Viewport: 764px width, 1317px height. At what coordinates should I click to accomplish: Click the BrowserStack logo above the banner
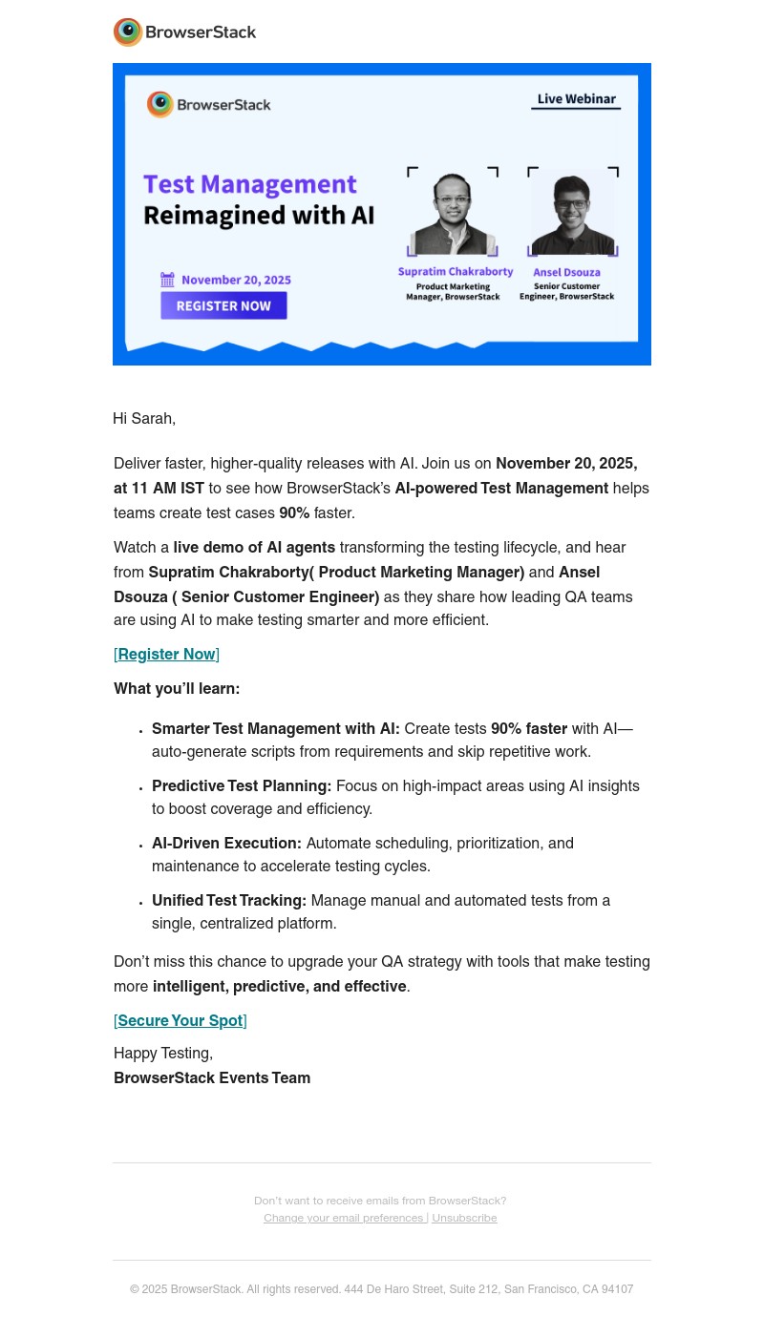[184, 32]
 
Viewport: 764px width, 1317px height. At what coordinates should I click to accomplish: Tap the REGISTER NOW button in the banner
[223, 305]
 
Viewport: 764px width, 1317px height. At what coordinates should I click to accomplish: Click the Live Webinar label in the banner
[576, 99]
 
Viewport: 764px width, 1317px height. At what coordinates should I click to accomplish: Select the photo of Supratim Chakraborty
[453, 212]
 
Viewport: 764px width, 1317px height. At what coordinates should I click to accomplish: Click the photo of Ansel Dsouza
[572, 212]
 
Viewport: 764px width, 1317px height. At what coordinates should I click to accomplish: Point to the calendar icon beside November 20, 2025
[168, 280]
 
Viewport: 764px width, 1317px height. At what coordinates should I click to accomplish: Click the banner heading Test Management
[236, 184]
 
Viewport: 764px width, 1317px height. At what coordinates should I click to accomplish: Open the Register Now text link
[166, 655]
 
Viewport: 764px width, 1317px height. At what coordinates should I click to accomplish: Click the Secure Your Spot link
[180, 1021]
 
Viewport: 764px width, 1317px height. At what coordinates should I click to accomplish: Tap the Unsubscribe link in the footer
[464, 1218]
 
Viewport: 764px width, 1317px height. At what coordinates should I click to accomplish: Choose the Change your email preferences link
[344, 1218]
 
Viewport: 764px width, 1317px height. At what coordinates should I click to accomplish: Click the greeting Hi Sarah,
[144, 419]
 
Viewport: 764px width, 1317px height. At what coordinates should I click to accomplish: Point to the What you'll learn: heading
[177, 689]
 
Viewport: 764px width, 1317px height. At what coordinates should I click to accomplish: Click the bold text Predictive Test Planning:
[242, 786]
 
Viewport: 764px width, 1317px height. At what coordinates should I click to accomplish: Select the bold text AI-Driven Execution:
[226, 844]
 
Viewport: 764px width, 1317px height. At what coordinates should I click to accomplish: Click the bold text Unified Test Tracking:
[229, 901]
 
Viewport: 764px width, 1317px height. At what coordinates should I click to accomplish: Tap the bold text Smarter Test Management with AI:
[275, 729]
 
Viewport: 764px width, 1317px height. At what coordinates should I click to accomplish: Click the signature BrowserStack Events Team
[212, 1078]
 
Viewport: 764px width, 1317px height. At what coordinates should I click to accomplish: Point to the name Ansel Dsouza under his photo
[566, 272]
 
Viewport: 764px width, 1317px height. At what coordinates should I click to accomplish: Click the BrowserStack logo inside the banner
[209, 105]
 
